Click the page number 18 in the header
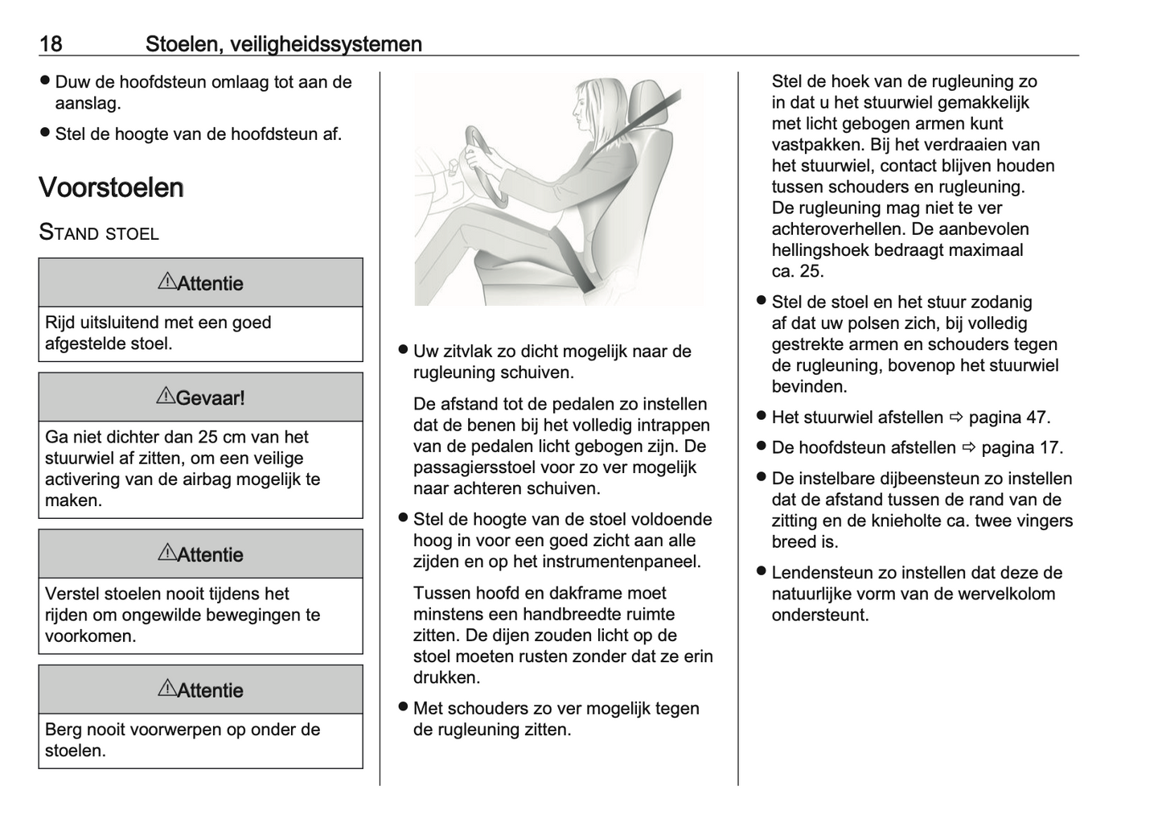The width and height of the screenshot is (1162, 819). (51, 43)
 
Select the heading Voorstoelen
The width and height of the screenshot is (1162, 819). (111, 187)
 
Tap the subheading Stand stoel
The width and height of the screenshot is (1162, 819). (99, 233)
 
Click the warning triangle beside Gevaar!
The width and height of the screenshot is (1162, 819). (166, 396)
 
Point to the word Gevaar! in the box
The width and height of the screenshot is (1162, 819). (211, 397)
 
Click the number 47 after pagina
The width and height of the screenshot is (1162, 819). (1036, 418)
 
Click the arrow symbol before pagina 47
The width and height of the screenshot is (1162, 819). (955, 418)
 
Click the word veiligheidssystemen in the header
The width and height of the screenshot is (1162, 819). (325, 43)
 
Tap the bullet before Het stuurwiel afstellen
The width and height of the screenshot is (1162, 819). (760, 416)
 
